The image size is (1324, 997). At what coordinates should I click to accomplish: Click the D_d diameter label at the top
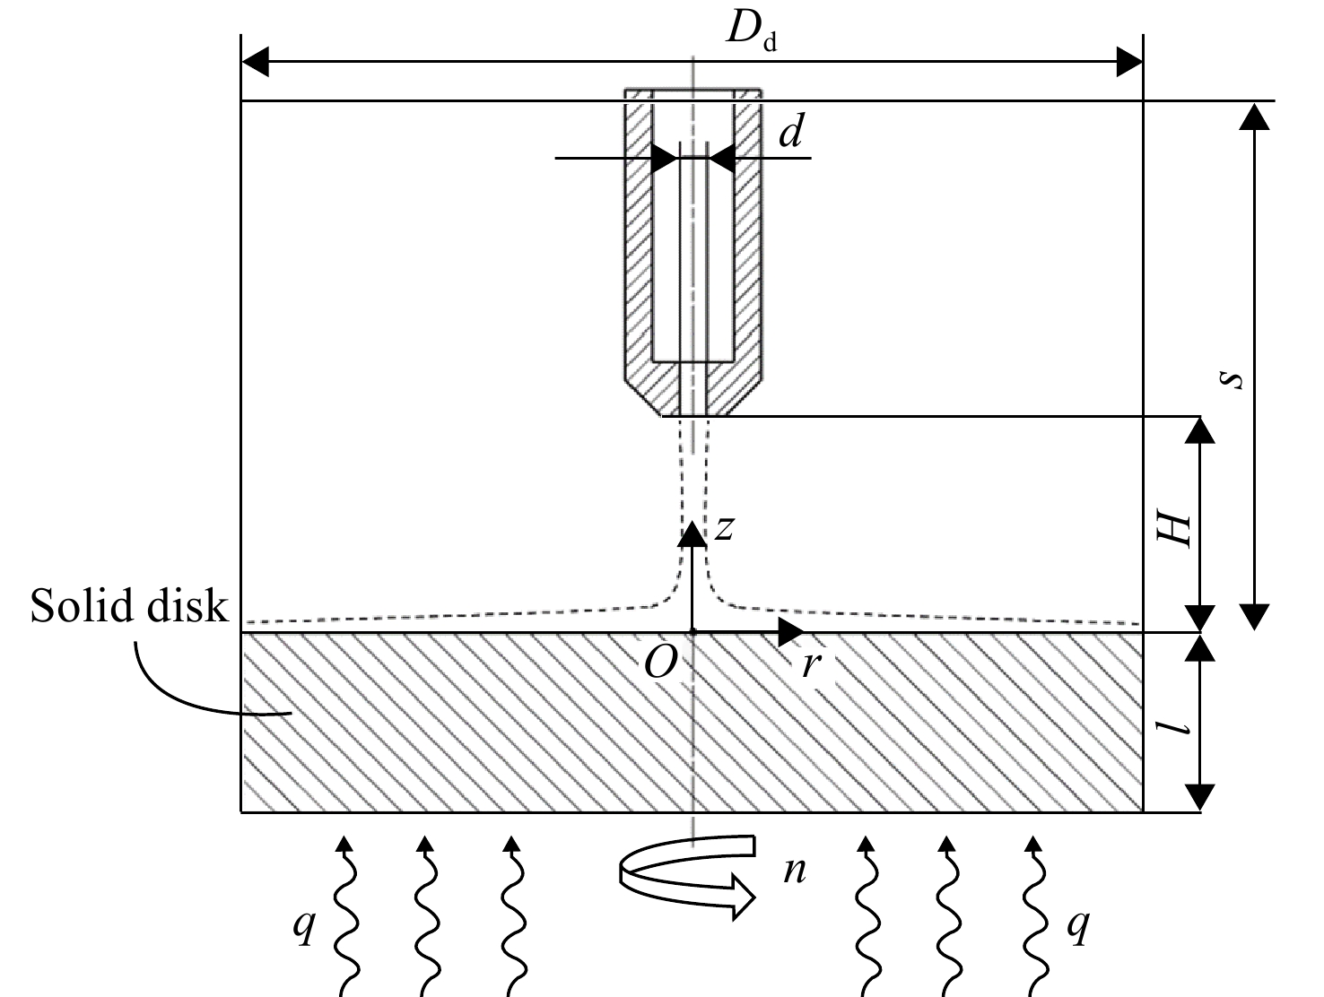coord(751,30)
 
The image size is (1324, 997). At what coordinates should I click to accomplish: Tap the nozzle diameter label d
coord(791,131)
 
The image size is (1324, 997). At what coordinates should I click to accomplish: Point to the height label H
coord(1173,533)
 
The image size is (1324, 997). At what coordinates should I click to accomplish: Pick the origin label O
coord(660,663)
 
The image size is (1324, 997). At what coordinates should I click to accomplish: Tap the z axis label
coord(724,528)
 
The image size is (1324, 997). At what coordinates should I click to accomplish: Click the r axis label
coord(811,665)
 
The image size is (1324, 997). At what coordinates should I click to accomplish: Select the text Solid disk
coord(129,605)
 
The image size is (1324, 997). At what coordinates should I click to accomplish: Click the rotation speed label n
coord(795,871)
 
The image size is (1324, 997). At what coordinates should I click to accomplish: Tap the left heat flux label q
coord(303,926)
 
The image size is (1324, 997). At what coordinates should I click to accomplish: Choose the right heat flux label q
coord(1078,926)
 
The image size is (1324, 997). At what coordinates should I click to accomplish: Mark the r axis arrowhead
coord(791,632)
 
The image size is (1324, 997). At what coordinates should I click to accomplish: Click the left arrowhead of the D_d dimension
coord(255,62)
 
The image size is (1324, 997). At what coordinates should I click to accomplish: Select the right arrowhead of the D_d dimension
coord(1129,62)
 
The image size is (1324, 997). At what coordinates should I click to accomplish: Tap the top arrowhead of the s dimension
coord(1254,117)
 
